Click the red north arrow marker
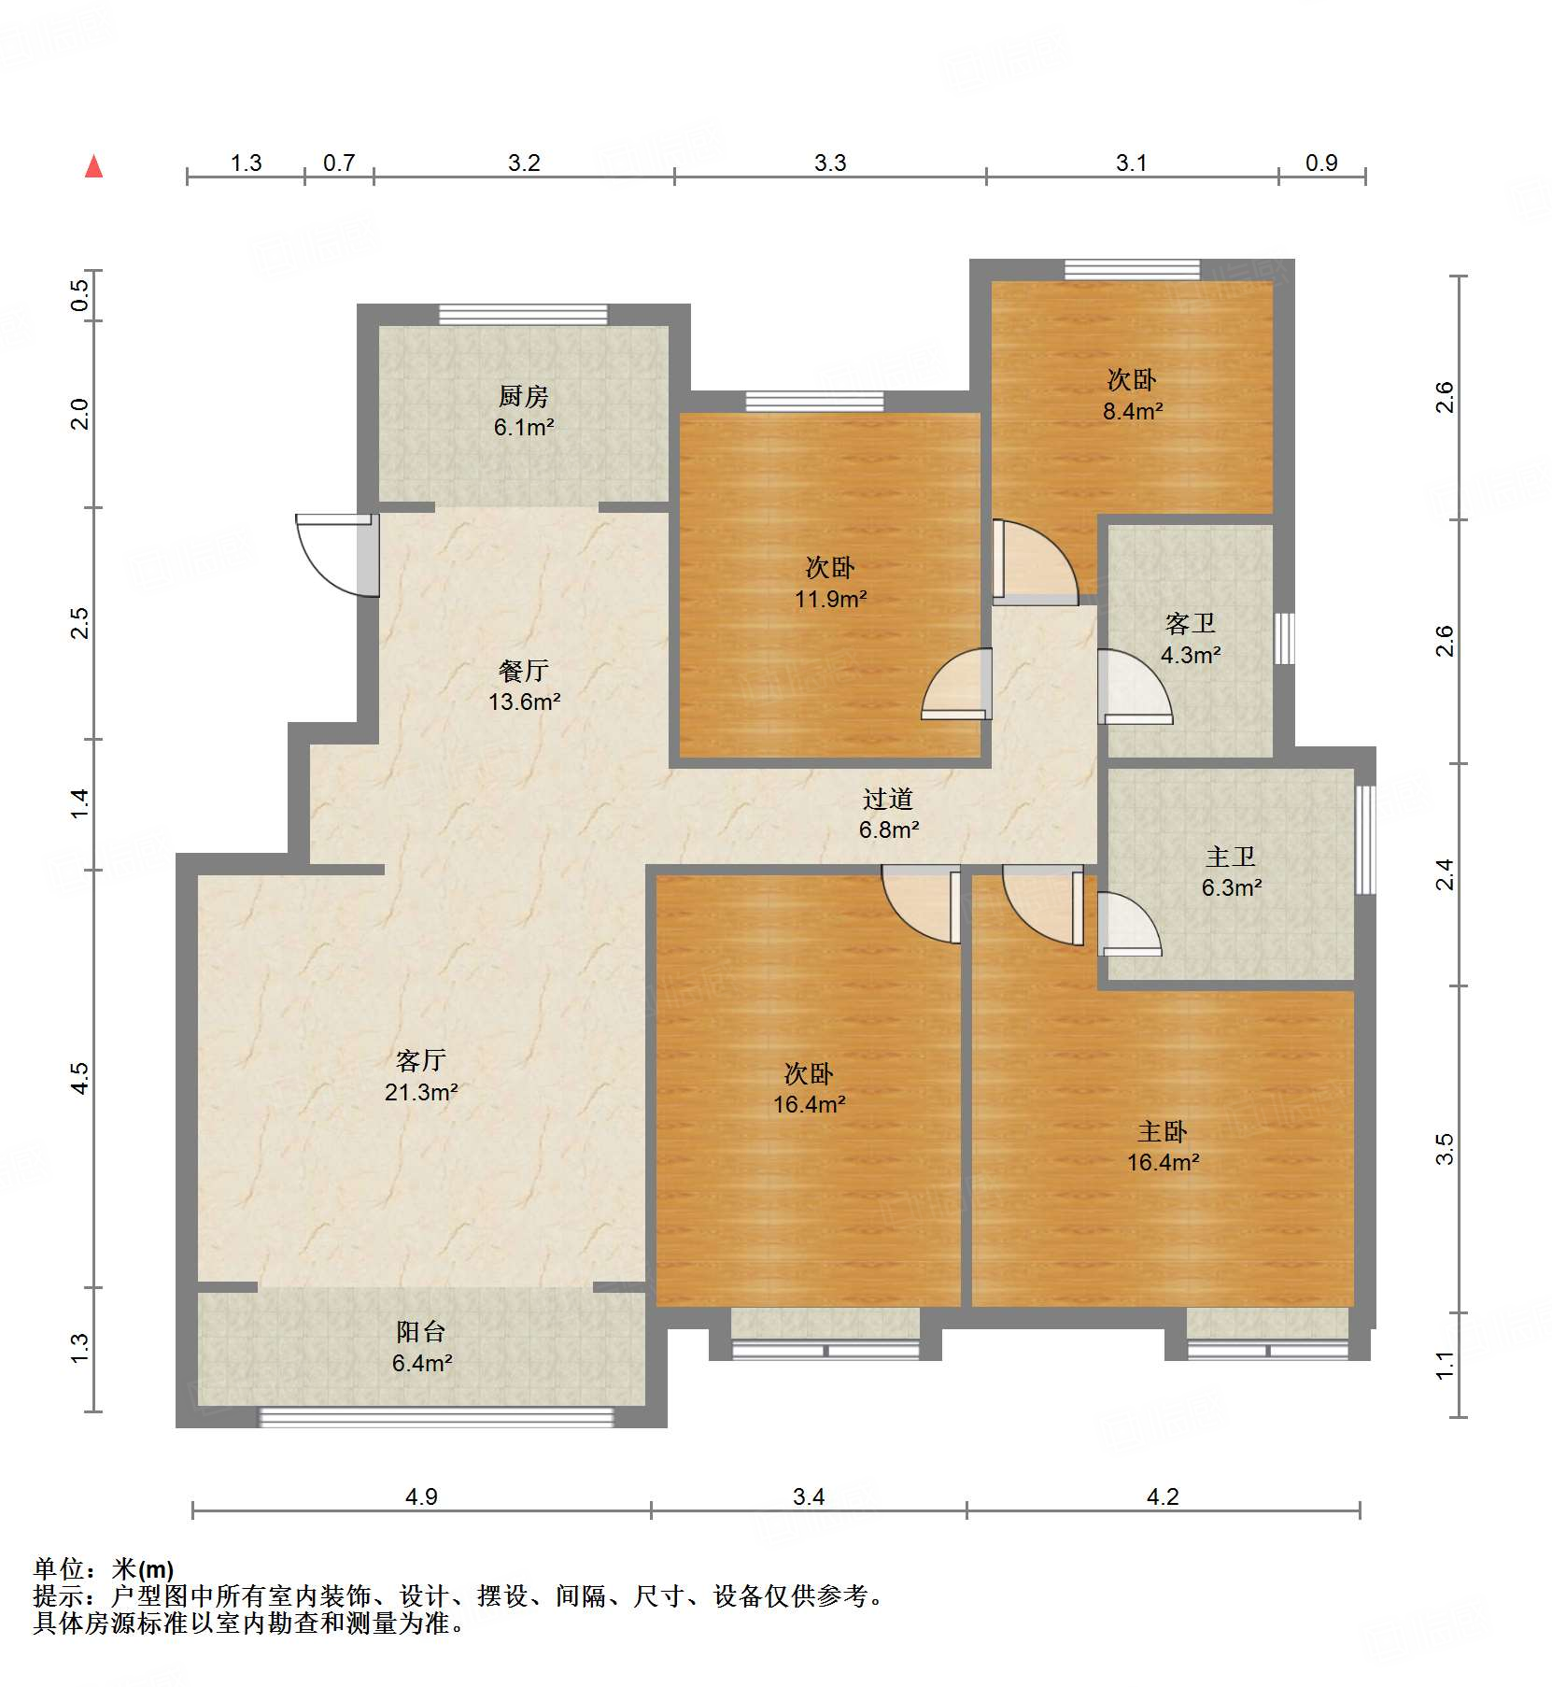(x=93, y=167)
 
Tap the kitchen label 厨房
(x=523, y=397)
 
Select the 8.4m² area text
(x=1132, y=411)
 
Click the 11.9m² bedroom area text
(x=830, y=599)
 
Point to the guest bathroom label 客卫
(x=1190, y=623)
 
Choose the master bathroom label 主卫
(x=1230, y=857)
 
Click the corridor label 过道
(x=887, y=799)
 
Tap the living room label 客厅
(x=420, y=1060)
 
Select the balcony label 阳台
(x=420, y=1331)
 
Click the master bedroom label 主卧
(x=1162, y=1132)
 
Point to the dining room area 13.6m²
(x=524, y=702)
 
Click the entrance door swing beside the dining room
(x=332, y=556)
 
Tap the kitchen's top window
(x=523, y=315)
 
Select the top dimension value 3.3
(x=829, y=163)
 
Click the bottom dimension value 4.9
(x=421, y=1496)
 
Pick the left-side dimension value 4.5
(x=80, y=1078)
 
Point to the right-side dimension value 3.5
(x=1445, y=1148)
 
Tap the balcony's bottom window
(x=435, y=1417)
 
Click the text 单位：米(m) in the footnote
(x=103, y=1569)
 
